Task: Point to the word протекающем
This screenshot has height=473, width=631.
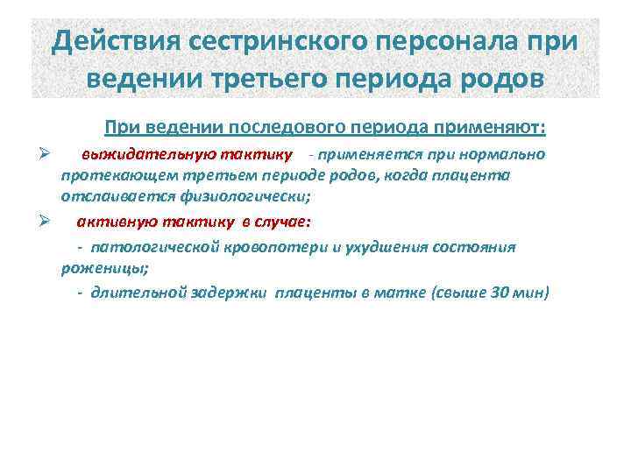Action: click(106, 176)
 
